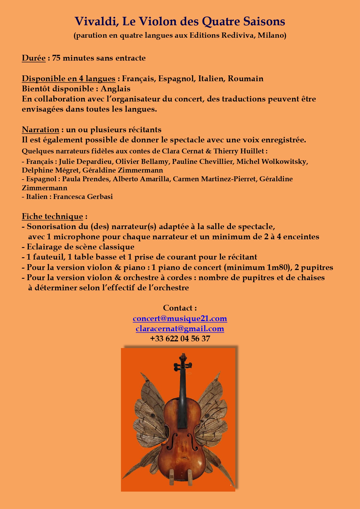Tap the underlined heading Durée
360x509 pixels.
click(x=34, y=58)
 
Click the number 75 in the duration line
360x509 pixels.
click(x=56, y=58)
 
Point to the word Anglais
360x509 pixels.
click(x=115, y=89)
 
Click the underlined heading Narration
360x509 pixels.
click(x=40, y=130)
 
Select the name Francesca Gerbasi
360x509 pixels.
click(x=83, y=197)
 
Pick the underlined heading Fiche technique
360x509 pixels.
click(x=52, y=216)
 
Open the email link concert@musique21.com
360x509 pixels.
click(x=180, y=318)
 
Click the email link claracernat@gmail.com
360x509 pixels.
click(x=180, y=329)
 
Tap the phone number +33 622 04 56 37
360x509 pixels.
click(x=180, y=339)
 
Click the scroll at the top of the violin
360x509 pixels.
click(x=183, y=357)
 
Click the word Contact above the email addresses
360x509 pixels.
click(x=178, y=308)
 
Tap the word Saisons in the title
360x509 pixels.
click(x=264, y=21)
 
